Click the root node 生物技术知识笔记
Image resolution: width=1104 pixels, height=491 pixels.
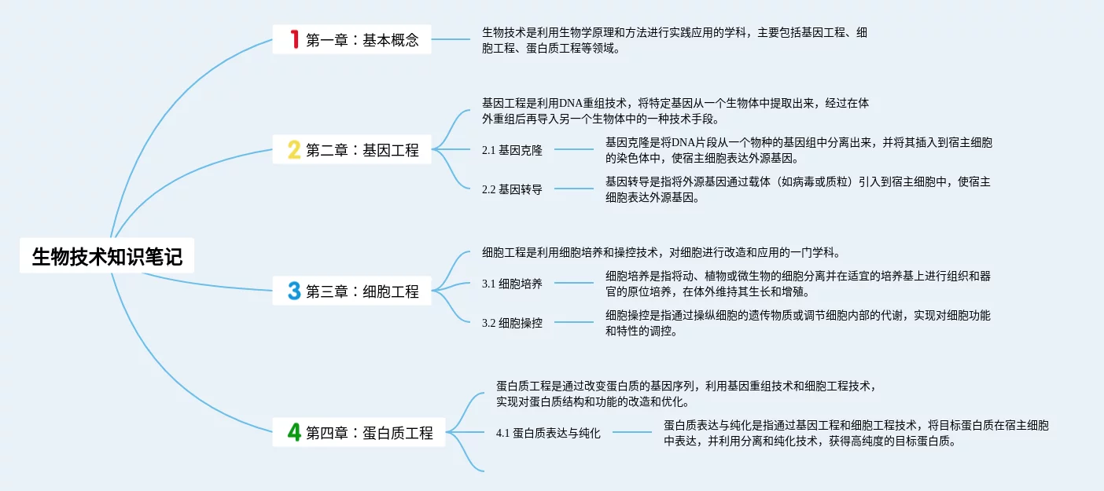pos(107,256)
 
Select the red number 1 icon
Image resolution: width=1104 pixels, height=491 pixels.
pos(294,39)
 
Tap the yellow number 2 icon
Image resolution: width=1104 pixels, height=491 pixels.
pos(294,149)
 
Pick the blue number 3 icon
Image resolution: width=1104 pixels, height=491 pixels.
pos(294,291)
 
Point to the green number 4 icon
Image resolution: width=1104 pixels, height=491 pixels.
pos(294,432)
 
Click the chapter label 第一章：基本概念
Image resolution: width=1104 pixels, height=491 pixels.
pos(362,40)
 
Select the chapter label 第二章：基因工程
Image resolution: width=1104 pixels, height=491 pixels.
pos(362,150)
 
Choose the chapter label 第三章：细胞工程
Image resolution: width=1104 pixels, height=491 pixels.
pos(362,291)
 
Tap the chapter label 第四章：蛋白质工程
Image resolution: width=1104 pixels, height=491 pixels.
pos(370,432)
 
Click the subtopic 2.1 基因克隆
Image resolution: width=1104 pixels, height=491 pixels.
pos(512,150)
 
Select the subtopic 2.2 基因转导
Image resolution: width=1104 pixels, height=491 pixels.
pos(512,189)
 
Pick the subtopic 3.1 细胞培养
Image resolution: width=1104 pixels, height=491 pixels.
pos(512,284)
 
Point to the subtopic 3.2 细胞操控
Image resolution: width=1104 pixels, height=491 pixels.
pos(512,323)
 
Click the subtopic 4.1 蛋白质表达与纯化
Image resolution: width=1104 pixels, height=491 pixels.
pos(548,433)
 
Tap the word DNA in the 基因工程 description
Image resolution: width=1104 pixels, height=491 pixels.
pos(571,104)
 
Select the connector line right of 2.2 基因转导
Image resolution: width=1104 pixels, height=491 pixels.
pos(574,189)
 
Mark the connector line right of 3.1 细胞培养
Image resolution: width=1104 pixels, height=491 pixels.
pos(574,283)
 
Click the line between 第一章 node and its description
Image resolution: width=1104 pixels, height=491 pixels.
pos(451,39)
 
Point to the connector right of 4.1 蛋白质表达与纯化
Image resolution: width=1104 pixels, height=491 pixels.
pos(632,432)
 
